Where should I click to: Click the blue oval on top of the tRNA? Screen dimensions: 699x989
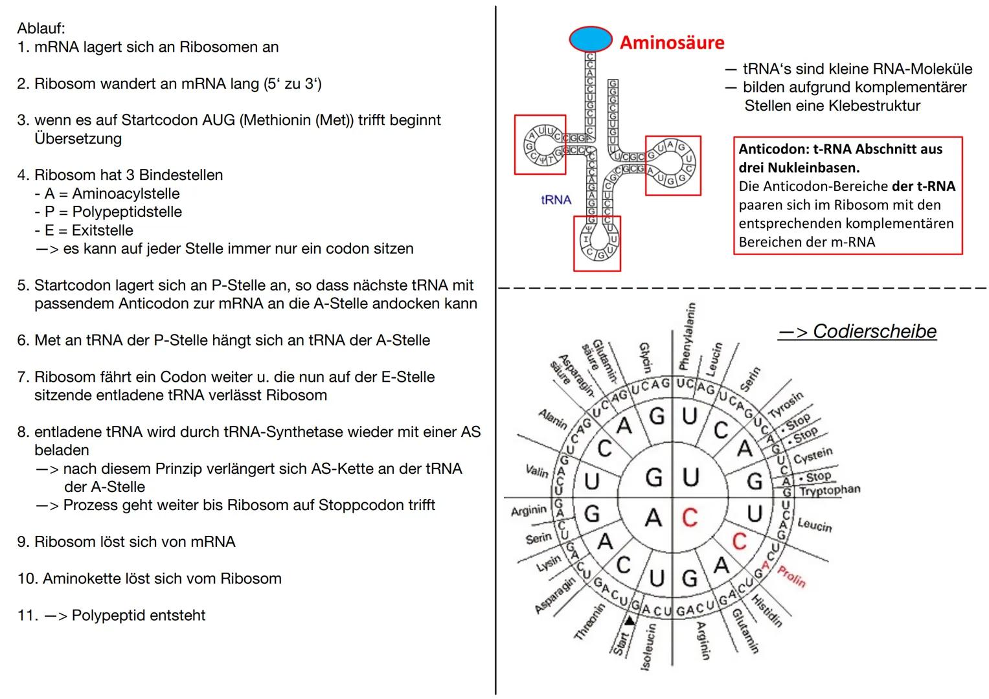[x=590, y=39]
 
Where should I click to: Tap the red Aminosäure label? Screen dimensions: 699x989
[x=672, y=43]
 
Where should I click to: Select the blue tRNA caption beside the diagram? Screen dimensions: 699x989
[x=556, y=200]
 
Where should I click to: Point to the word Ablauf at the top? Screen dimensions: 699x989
[x=41, y=28]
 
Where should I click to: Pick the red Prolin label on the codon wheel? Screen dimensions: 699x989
[x=791, y=575]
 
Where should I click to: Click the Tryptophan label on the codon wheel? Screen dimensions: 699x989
[x=829, y=491]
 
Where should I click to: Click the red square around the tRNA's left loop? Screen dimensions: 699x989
[x=540, y=145]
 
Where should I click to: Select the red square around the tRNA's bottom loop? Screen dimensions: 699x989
[x=597, y=243]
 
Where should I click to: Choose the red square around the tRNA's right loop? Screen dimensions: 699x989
[x=673, y=166]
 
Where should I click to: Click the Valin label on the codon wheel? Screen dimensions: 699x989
[x=537, y=471]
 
